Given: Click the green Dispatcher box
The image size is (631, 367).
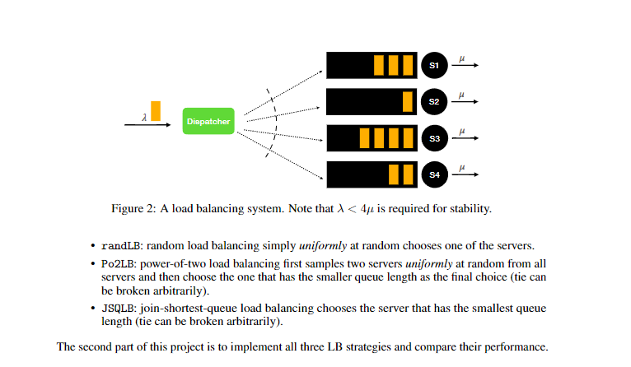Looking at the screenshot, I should tap(208, 122).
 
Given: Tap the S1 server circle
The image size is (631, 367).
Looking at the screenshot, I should tap(434, 64).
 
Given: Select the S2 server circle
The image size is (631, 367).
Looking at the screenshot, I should tap(434, 101).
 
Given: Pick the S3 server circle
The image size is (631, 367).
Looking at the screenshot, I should tap(434, 138).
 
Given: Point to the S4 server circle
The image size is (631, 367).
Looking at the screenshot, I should tap(434, 174).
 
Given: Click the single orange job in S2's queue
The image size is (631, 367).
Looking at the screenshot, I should tap(407, 101).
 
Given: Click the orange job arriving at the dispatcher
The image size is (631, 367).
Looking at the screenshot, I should tap(156, 111).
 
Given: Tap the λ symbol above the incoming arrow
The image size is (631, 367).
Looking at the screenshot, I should tap(144, 118).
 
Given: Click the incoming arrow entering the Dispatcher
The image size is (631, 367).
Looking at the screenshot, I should tap(152, 125).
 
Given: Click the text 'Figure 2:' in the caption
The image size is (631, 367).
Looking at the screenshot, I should tap(133, 208).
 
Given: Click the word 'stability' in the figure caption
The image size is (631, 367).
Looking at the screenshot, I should tap(470, 208).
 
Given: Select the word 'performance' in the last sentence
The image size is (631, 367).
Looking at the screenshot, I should tap(518, 346).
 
